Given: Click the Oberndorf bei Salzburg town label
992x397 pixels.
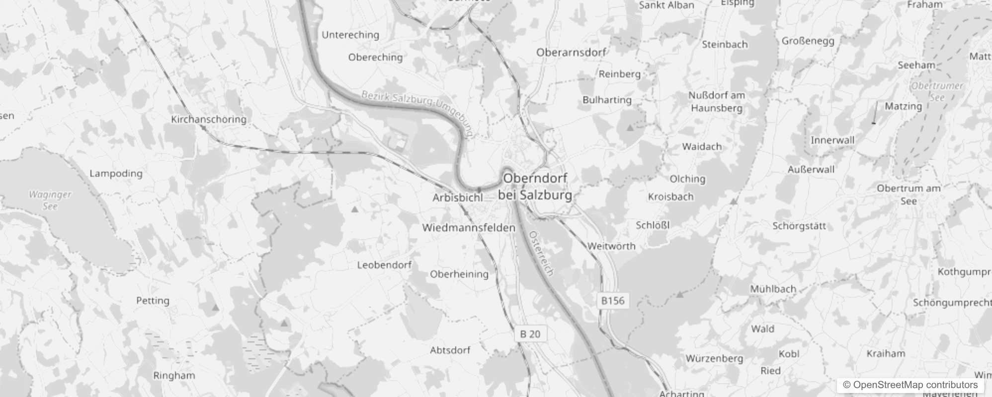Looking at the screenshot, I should [535, 187].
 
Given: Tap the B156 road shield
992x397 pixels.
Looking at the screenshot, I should [612, 301].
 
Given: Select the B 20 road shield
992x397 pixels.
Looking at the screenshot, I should [530, 334].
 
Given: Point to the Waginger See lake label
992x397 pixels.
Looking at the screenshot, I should [50, 200].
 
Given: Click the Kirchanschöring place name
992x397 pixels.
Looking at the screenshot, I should [209, 119].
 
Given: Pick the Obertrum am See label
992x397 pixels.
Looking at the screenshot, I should [909, 195].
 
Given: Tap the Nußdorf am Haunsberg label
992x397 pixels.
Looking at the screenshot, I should [716, 102].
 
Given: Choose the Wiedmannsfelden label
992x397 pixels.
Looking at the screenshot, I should [469, 228].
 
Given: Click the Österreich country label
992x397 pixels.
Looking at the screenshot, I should [541, 253].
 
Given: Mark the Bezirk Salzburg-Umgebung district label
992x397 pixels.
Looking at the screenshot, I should [417, 111].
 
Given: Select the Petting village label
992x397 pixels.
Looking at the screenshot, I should [153, 301].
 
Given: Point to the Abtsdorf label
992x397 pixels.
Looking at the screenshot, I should [450, 350].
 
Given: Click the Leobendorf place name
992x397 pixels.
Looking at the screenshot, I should [384, 265].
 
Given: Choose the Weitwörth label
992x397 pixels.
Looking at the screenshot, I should [611, 246].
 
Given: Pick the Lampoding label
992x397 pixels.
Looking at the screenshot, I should [116, 174].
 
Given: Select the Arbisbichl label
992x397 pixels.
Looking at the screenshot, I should [457, 198].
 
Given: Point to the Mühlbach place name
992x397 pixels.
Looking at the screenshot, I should [773, 289].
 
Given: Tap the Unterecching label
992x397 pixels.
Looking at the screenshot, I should [350, 35].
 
